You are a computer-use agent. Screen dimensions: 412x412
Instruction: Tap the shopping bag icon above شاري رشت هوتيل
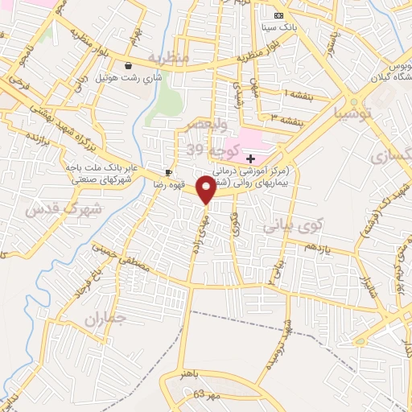click(128, 65)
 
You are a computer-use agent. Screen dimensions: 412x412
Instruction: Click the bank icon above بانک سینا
click(278, 15)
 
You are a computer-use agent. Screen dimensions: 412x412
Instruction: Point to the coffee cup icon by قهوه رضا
click(168, 172)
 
